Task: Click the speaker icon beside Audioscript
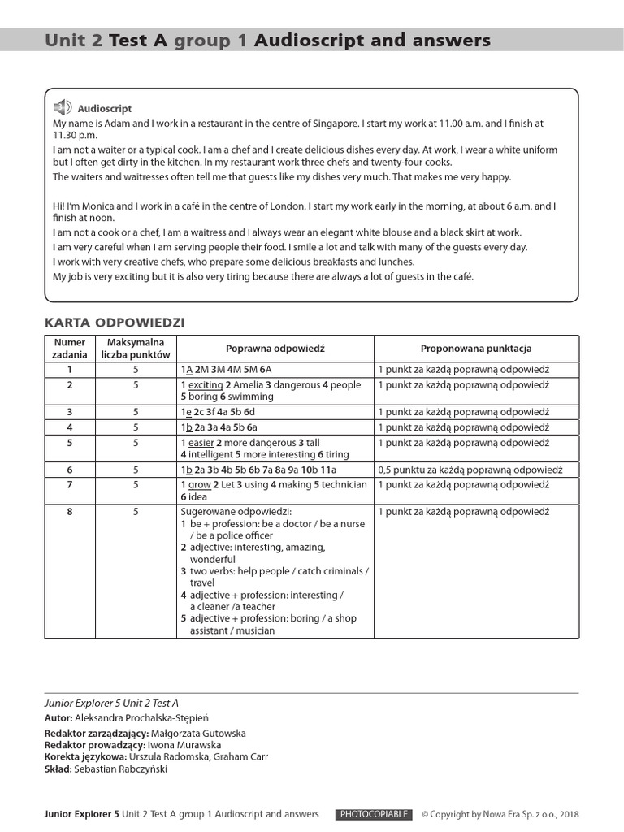click(63, 107)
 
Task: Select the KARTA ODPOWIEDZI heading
click(115, 323)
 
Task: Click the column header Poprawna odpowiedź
click(275, 349)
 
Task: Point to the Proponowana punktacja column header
click(476, 349)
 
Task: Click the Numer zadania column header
click(69, 349)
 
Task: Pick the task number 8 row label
click(70, 512)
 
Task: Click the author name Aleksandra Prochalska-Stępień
click(153, 718)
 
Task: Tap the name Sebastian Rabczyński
click(120, 769)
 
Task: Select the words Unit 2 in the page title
click(74, 40)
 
